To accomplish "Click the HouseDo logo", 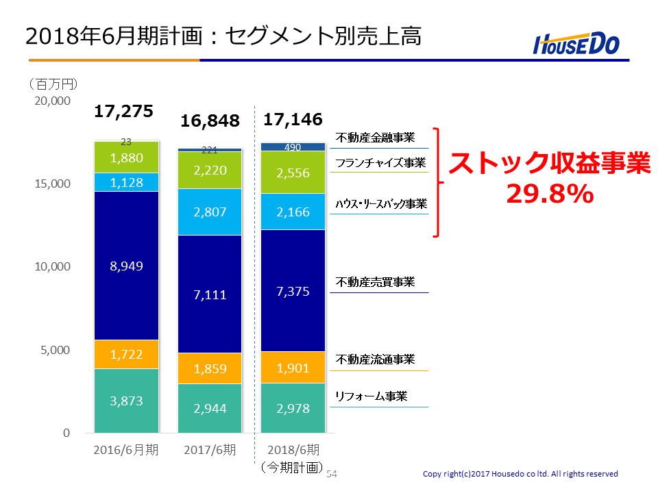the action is (x=576, y=43).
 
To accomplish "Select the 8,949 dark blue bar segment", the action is (x=126, y=266).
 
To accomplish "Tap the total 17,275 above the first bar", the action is (x=124, y=111).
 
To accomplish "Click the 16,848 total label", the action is (x=210, y=121).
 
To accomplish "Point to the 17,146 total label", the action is (x=293, y=119).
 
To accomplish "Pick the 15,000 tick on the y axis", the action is (x=53, y=184).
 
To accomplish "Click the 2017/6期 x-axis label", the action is (x=210, y=450).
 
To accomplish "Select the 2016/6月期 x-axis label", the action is (x=126, y=450).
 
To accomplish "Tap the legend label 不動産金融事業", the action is (x=375, y=138).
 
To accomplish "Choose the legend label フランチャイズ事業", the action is (x=380, y=163).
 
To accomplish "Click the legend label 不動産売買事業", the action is (x=375, y=282).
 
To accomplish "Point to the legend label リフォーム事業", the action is (x=371, y=396).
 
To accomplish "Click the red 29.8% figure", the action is (x=550, y=194).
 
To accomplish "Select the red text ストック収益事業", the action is (x=550, y=163).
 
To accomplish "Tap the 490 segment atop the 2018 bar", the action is (x=293, y=147).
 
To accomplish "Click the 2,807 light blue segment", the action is (x=210, y=212).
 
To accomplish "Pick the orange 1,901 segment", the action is (x=293, y=368).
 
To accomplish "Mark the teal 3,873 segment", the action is (x=126, y=401).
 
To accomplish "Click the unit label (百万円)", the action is (x=53, y=84).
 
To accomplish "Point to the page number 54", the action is (x=332, y=474).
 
